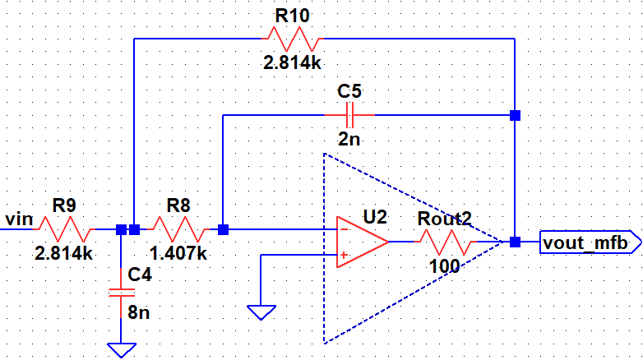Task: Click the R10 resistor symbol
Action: tap(292, 39)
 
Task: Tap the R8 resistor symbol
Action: tap(180, 229)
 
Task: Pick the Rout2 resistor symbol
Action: tap(446, 242)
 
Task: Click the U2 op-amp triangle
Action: tap(362, 242)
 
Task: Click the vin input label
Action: tap(18, 219)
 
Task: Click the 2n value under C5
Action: tap(350, 139)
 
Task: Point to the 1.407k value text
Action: tap(178, 254)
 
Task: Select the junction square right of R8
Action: tap(223, 229)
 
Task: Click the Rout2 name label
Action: tap(444, 219)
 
